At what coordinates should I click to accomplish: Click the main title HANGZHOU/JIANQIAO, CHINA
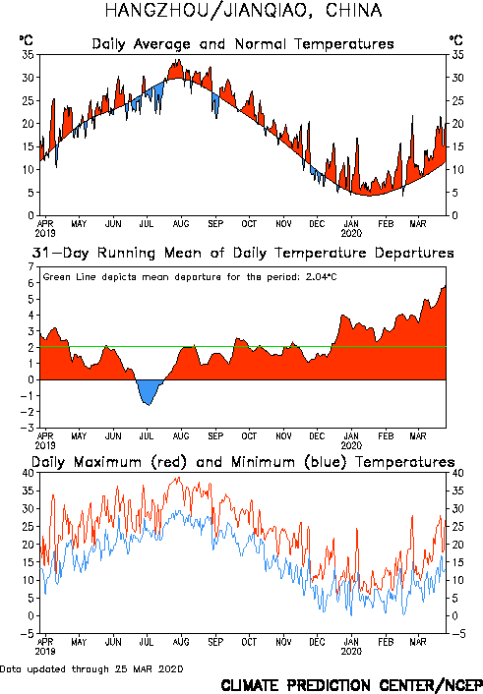pos(243,10)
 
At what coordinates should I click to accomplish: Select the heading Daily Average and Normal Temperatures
pos(243,44)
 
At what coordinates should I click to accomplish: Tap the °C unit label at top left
pos(27,40)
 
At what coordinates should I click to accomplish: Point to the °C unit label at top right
pos(456,40)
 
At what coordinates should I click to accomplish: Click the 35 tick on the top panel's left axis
pos(28,55)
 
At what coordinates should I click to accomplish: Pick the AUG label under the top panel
pos(181,223)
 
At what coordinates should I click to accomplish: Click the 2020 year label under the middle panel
pos(351,445)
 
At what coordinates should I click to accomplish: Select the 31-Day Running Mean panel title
pos(243,253)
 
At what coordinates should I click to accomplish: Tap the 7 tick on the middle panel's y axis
pos(30,267)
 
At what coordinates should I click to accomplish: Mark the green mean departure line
pos(243,347)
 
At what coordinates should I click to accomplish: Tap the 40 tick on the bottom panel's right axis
pos(457,473)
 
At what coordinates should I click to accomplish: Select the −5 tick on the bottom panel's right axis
pos(458,634)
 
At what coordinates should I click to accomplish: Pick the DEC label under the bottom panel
pos(317,642)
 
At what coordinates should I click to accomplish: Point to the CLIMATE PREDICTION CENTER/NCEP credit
pos(352,685)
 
